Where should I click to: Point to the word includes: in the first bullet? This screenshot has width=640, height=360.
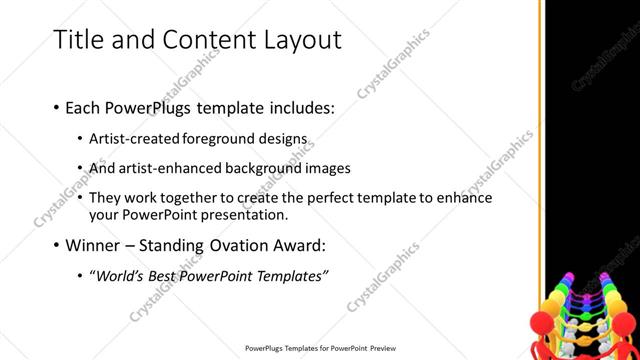(x=297, y=105)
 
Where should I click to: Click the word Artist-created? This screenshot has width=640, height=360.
(x=134, y=138)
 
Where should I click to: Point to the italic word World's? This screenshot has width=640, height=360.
(x=119, y=276)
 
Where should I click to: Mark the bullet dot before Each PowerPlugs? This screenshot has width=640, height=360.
(x=55, y=106)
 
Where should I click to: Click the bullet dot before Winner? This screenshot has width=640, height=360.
(x=55, y=246)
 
